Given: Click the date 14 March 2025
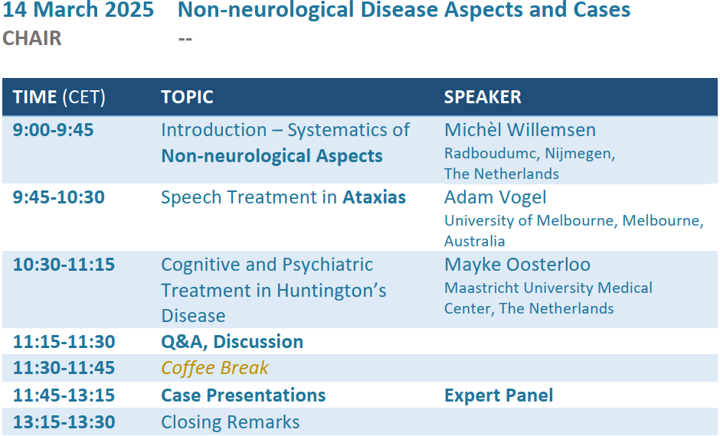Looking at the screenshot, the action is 78,10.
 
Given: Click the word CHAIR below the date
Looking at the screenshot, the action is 31,38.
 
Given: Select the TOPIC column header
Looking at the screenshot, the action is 187,97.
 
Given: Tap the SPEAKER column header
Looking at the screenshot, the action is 483,97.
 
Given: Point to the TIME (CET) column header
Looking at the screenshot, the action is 59,97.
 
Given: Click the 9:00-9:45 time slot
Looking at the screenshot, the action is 54,130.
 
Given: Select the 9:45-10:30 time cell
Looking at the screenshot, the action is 59,197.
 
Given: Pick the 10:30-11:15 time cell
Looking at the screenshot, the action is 64,265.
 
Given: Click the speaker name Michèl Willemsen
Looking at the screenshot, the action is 520,130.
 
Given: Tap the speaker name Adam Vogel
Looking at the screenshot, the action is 495,197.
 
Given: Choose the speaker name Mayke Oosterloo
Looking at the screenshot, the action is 517,265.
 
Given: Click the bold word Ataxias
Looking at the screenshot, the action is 375,197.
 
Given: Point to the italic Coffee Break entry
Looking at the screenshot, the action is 214,368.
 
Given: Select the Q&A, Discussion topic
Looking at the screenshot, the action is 232,342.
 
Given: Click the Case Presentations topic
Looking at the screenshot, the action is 244,395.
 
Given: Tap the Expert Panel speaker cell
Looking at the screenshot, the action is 499,395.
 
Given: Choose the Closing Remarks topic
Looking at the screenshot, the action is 230,422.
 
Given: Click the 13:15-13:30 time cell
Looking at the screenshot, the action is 64,422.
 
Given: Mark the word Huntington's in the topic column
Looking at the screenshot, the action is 332,291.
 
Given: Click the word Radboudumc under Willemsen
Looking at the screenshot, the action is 492,153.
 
